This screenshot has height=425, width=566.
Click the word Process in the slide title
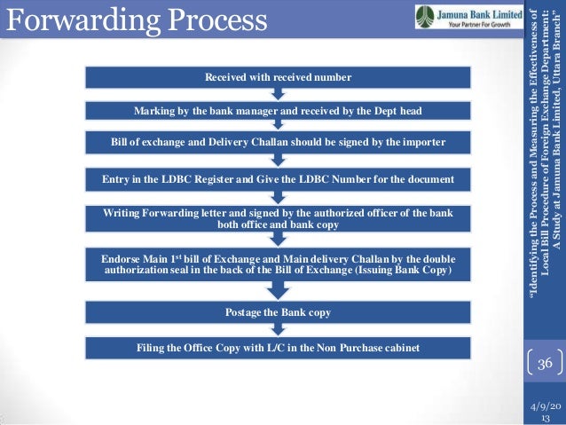[216, 20]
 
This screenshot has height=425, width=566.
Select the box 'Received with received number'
[279, 78]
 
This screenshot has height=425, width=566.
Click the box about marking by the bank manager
[279, 110]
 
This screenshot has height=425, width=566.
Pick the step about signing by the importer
[279, 142]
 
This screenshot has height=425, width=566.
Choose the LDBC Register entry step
[279, 180]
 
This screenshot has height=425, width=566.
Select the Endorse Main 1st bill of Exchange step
[279, 264]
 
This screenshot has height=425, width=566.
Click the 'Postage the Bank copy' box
[279, 312]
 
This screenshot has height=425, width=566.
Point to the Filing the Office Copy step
[279, 346]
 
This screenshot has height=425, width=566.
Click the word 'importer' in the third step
[421, 142]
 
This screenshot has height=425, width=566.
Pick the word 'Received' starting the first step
[226, 78]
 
